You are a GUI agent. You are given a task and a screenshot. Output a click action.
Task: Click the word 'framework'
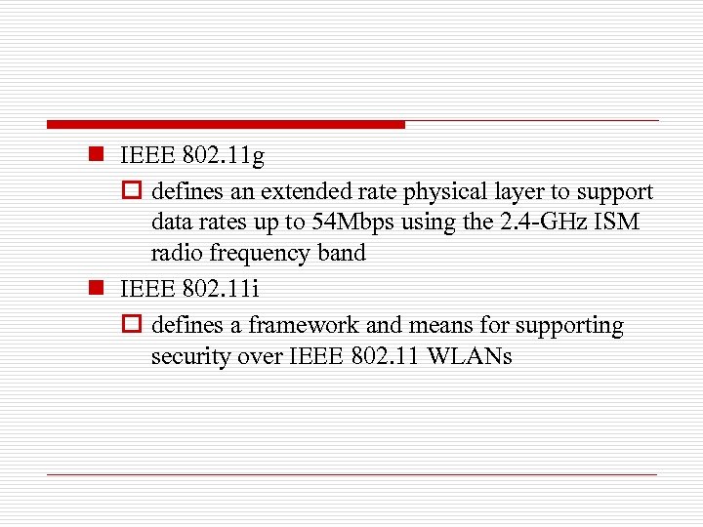pyautogui.click(x=304, y=325)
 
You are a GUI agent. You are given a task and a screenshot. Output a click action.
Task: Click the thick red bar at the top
pyautogui.click(x=226, y=125)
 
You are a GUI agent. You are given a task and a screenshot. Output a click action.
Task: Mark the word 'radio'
pyautogui.click(x=175, y=254)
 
